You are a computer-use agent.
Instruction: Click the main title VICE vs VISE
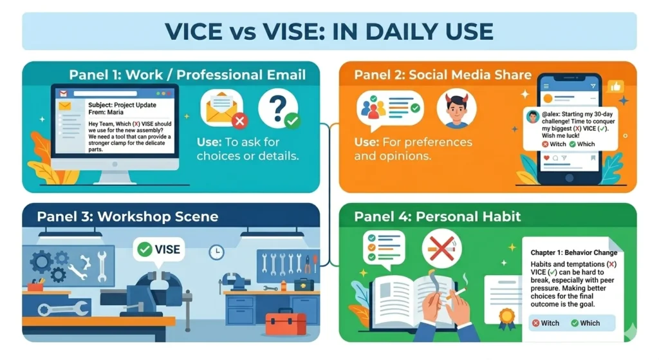point(329,31)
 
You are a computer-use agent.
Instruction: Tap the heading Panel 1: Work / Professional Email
point(187,75)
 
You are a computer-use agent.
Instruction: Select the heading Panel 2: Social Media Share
point(443,75)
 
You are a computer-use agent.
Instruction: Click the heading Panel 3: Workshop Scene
point(127,216)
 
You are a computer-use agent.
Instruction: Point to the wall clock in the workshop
point(217,252)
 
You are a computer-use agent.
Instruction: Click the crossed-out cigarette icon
point(441,247)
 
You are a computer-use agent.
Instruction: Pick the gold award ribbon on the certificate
point(509,317)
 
